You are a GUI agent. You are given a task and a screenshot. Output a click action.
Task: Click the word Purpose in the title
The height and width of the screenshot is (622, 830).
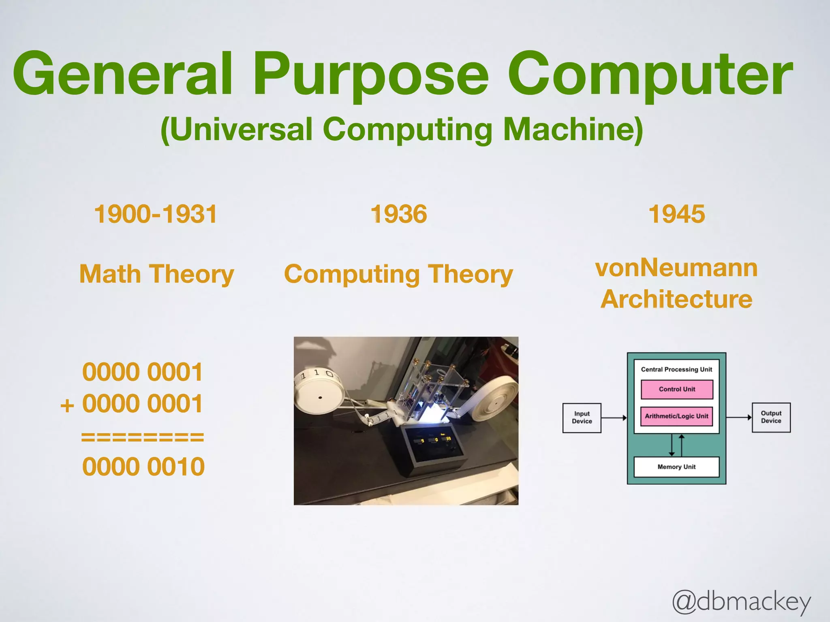(371, 75)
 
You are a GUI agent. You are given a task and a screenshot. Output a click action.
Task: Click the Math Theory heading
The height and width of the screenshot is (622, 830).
(157, 274)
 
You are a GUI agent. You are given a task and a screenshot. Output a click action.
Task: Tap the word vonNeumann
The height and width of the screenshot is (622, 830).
(676, 268)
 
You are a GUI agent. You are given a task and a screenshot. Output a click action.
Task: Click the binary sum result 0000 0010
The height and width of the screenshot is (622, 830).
(143, 466)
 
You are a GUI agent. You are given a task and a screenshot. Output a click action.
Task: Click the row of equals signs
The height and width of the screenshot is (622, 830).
(142, 437)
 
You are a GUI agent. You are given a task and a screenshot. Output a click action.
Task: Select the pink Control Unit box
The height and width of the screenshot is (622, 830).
(676, 389)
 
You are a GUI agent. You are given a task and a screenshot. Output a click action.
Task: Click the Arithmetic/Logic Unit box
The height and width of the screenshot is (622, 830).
(676, 416)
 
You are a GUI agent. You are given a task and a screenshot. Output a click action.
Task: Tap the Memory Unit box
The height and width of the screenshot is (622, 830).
(676, 467)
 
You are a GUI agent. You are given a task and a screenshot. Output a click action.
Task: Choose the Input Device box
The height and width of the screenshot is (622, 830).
(582, 418)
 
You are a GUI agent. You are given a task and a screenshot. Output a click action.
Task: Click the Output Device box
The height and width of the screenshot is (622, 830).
(771, 417)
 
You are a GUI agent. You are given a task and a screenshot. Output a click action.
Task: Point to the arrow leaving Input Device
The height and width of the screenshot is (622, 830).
(614, 418)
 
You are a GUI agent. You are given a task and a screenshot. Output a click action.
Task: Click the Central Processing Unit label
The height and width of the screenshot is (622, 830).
(676, 369)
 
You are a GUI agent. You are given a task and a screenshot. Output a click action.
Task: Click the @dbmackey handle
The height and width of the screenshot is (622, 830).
(741, 602)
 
